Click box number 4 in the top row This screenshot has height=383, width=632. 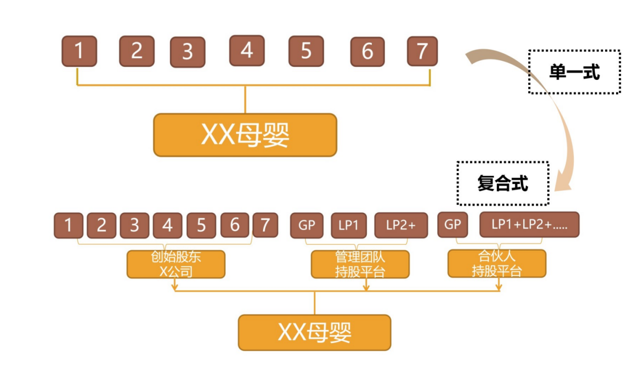pyautogui.click(x=247, y=50)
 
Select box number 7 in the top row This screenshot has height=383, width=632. pyautogui.click(x=422, y=51)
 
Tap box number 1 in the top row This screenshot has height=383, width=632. pyautogui.click(x=79, y=51)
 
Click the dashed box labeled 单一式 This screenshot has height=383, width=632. pyautogui.click(x=574, y=72)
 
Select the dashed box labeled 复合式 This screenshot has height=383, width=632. pyautogui.click(x=502, y=184)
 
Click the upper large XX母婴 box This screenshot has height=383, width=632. pyautogui.click(x=245, y=135)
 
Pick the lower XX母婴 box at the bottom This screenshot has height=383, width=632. pyautogui.click(x=315, y=332)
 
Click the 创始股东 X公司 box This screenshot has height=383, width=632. pyautogui.click(x=176, y=264)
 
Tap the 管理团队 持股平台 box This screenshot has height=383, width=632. pyautogui.click(x=360, y=264)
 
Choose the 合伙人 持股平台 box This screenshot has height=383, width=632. pyautogui.click(x=496, y=264)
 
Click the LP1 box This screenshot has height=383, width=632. pyautogui.click(x=349, y=225)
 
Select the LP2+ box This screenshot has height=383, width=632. pyautogui.click(x=401, y=225)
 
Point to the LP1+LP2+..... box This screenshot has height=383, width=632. pyautogui.click(x=529, y=225)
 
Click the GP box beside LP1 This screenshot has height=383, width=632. pyautogui.click(x=307, y=225)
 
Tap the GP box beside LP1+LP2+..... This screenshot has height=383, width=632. pyautogui.click(x=453, y=225)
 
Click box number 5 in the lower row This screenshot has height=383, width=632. pyautogui.click(x=201, y=225)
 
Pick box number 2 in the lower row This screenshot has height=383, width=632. pyautogui.click(x=102, y=225)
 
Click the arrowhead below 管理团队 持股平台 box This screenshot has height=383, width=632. pyautogui.click(x=366, y=287)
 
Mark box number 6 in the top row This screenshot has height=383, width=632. pyautogui.click(x=367, y=51)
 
